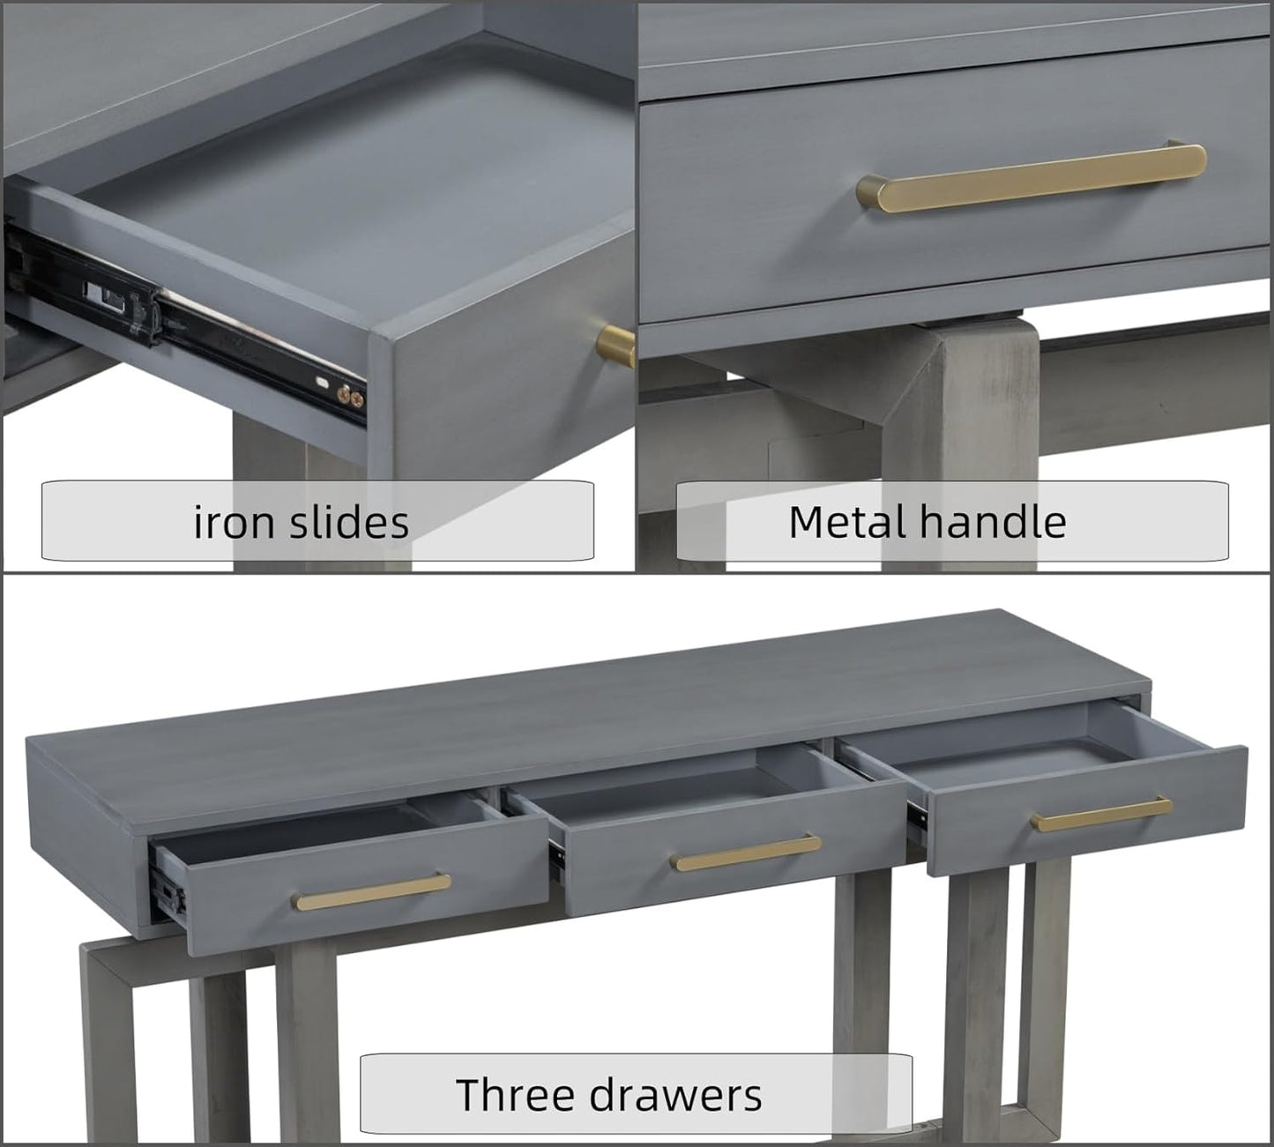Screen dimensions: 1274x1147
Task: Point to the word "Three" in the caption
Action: [x=515, y=1094]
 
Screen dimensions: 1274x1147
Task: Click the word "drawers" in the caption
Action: [x=675, y=1095]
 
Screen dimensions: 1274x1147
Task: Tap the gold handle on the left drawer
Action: [x=371, y=891]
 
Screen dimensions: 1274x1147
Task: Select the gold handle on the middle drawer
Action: [x=746, y=853]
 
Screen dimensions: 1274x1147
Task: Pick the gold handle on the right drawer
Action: [x=1100, y=815]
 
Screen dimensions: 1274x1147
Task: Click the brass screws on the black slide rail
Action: [x=350, y=397]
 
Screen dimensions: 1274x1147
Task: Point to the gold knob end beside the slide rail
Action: [x=615, y=346]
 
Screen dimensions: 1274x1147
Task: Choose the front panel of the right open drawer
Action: [x=1087, y=808]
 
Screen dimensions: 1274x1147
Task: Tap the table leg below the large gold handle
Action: [x=959, y=444]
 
